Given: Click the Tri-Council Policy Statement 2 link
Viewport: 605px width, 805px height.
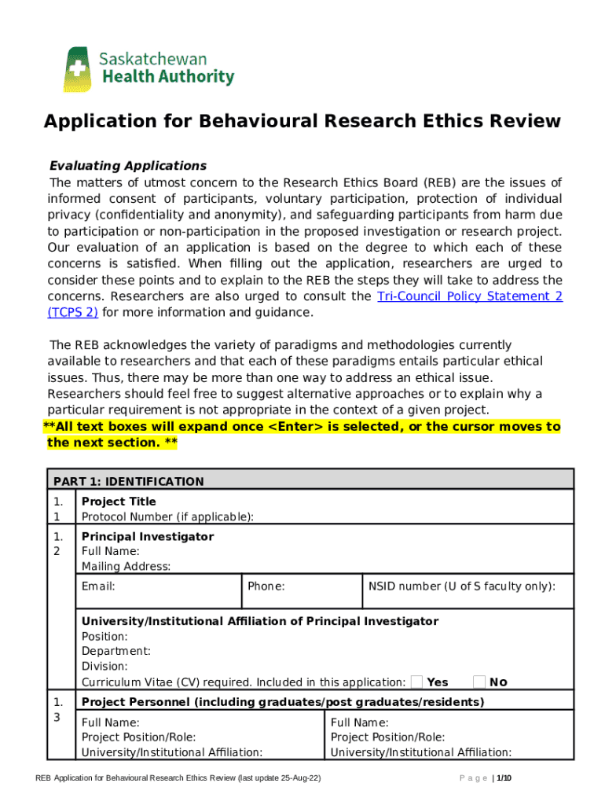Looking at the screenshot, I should point(470,296).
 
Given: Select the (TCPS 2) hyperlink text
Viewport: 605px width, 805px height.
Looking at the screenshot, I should point(72,312).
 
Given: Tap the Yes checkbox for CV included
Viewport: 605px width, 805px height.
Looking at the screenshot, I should point(417,682).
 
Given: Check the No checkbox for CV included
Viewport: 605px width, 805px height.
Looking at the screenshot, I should point(479,682).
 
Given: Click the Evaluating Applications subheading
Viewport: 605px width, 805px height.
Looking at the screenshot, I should point(128,166).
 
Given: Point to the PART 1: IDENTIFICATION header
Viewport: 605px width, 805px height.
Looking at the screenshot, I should point(128,482).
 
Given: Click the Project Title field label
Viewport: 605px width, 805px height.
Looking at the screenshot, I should point(119,502).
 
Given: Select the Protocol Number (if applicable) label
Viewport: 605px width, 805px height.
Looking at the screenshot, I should point(167,516).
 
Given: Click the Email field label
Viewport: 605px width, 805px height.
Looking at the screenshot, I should point(98,586).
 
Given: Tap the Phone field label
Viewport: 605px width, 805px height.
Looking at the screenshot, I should point(266,586).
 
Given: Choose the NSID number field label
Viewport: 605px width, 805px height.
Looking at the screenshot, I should point(462,586).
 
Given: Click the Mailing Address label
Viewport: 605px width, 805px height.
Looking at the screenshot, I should point(126,566).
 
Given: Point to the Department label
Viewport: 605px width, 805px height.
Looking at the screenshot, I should point(116,651).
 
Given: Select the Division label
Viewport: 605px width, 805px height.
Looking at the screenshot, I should point(104,666).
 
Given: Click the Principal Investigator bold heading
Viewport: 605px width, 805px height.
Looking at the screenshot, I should point(148,536).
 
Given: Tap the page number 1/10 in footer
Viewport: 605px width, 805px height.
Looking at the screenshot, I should point(503,778).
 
